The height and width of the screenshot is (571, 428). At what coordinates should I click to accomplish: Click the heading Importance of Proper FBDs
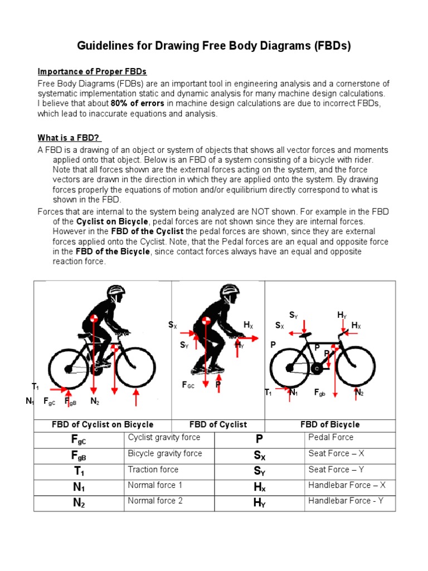92,71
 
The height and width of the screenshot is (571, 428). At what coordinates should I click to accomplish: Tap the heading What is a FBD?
69,138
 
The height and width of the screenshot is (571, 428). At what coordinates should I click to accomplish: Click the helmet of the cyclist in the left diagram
115,291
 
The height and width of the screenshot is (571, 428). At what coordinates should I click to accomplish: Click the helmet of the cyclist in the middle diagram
229,291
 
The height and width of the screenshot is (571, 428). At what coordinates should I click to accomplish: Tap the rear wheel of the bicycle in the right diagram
289,366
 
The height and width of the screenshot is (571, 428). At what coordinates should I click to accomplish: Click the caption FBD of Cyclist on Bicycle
103,424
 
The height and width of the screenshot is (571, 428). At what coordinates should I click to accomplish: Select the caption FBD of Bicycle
330,424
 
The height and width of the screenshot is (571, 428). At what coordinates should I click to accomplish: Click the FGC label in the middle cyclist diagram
189,385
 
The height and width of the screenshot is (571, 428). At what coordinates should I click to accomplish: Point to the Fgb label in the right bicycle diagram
319,393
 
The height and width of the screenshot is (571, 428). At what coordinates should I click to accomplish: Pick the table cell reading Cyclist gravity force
164,438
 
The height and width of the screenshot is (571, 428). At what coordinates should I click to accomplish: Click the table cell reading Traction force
153,470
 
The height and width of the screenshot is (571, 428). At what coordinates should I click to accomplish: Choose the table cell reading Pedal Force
330,438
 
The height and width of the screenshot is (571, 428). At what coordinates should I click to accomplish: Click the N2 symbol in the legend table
79,503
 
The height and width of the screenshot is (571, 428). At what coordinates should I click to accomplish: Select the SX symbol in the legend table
259,456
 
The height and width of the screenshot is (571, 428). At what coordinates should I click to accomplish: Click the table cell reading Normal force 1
155,485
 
